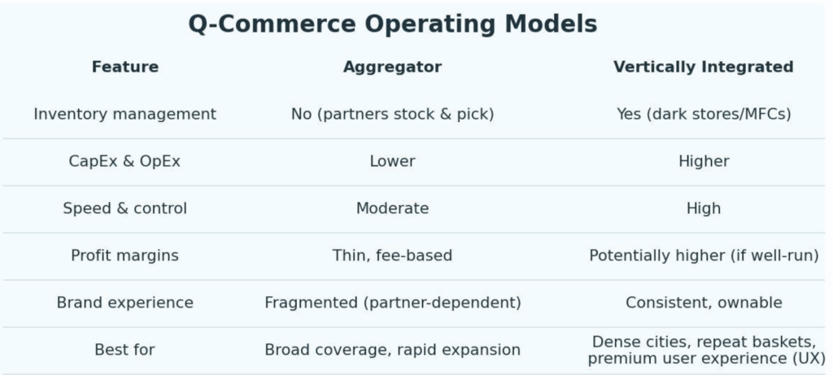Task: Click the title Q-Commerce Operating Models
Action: [393, 24]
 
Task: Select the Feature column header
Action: [124, 67]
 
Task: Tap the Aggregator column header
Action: [393, 68]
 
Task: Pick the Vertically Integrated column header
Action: [704, 68]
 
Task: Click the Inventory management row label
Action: [124, 114]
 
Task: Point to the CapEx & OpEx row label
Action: [124, 161]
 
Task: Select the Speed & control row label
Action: [124, 208]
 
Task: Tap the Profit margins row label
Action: [124, 255]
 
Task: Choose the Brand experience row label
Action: [124, 303]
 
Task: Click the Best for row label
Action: [124, 350]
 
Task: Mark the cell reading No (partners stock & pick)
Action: [393, 114]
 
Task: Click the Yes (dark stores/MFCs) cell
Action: [704, 114]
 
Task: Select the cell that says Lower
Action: [393, 161]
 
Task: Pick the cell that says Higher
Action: [704, 161]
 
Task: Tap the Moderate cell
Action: [393, 208]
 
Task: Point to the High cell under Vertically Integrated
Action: [704, 208]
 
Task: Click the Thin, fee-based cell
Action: [393, 255]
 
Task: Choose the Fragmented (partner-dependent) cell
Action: [393, 303]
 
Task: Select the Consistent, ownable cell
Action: [704, 303]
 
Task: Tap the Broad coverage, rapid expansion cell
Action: [393, 350]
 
